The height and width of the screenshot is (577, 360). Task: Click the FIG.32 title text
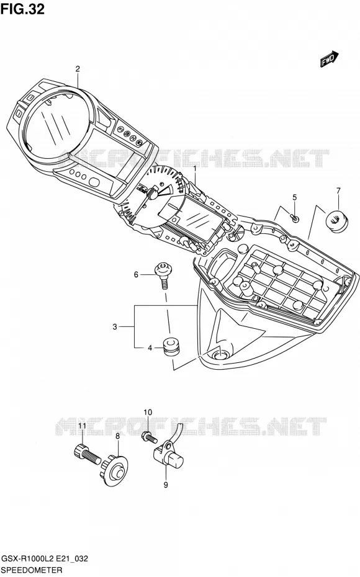point(22,9)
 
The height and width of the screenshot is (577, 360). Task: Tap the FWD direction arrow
point(329,59)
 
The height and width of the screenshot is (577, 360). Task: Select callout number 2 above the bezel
point(78,68)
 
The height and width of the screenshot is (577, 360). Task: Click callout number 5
point(294,197)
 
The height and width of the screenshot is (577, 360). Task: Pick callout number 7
point(338,190)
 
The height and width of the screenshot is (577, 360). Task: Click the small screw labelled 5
point(295,218)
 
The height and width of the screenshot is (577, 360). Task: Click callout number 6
point(136,274)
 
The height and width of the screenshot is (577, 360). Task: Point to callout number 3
point(115,326)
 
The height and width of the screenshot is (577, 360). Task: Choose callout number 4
point(150,347)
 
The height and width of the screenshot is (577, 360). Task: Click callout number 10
point(147,412)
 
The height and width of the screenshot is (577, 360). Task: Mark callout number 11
point(82,426)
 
